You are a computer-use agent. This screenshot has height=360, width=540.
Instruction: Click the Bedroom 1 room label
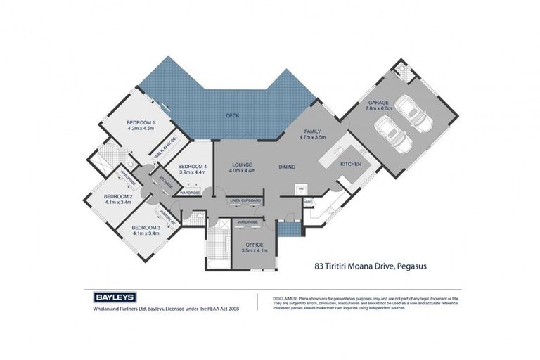click(141, 124)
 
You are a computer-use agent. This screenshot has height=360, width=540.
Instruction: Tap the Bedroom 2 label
click(118, 196)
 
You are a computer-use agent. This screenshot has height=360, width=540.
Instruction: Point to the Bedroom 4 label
click(191, 167)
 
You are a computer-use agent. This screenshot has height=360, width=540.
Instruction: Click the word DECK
click(233, 115)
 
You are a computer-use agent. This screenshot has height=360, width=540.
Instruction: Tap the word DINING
click(287, 167)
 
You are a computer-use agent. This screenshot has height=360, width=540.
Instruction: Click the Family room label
click(312, 131)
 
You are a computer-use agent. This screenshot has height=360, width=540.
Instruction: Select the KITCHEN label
click(351, 163)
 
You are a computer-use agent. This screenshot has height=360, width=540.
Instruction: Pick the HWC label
click(308, 202)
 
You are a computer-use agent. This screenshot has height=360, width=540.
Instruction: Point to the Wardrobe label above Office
click(247, 221)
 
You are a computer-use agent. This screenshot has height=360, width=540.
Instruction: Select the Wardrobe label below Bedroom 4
click(191, 192)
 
